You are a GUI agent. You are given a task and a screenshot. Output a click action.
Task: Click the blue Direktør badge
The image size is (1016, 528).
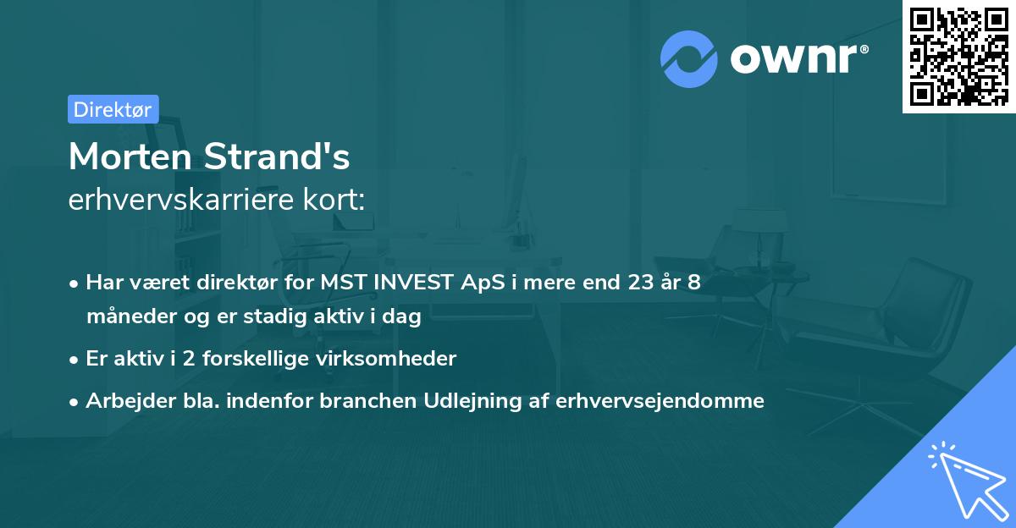point(113,109)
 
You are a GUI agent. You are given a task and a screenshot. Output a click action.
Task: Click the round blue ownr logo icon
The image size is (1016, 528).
point(689,59)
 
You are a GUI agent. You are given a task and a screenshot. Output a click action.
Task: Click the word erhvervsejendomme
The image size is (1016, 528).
point(660,401)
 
